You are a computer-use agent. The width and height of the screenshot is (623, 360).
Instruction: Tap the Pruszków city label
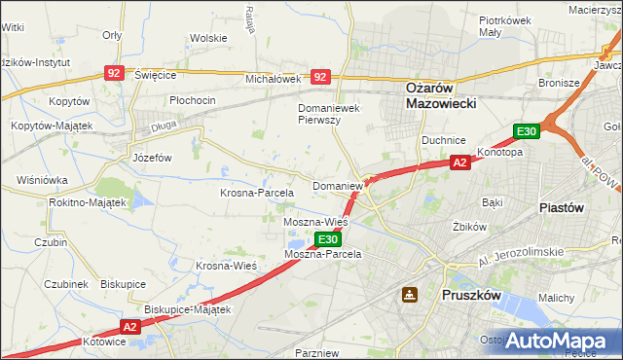[471, 293]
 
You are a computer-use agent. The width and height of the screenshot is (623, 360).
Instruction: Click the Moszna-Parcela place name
[322, 253]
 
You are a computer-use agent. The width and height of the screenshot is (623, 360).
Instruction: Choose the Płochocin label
[192, 100]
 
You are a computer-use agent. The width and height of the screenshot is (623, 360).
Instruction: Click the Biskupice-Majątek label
[187, 309]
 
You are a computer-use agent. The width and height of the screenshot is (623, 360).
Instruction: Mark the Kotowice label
[105, 342]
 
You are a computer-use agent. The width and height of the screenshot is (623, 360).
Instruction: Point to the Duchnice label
[443, 140]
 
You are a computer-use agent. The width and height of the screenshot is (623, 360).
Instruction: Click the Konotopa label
[499, 153]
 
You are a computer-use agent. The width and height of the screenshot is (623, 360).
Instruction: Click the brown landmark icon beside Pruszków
[410, 294]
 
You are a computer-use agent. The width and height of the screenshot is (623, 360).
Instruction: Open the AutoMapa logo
[557, 341]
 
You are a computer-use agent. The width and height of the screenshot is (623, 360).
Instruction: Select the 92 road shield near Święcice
[115, 73]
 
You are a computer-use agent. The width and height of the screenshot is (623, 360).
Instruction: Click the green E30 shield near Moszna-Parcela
[328, 238]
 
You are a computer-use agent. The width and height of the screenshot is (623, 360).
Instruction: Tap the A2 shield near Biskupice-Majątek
[132, 328]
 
